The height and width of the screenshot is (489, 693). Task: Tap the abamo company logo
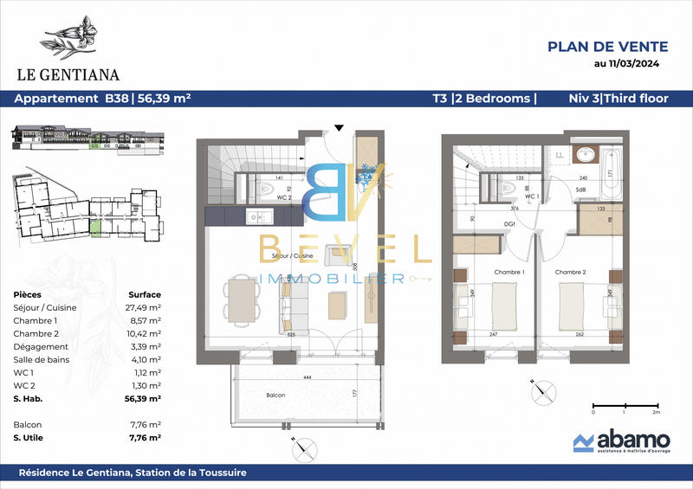[x=616, y=441]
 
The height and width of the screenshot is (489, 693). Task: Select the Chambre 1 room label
[x=510, y=273]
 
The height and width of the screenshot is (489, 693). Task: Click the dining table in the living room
[x=243, y=300]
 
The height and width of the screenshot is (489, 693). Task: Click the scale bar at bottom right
[x=625, y=404]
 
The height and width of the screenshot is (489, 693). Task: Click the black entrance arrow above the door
[x=339, y=127]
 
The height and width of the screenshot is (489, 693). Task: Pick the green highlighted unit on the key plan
[x=95, y=228]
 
